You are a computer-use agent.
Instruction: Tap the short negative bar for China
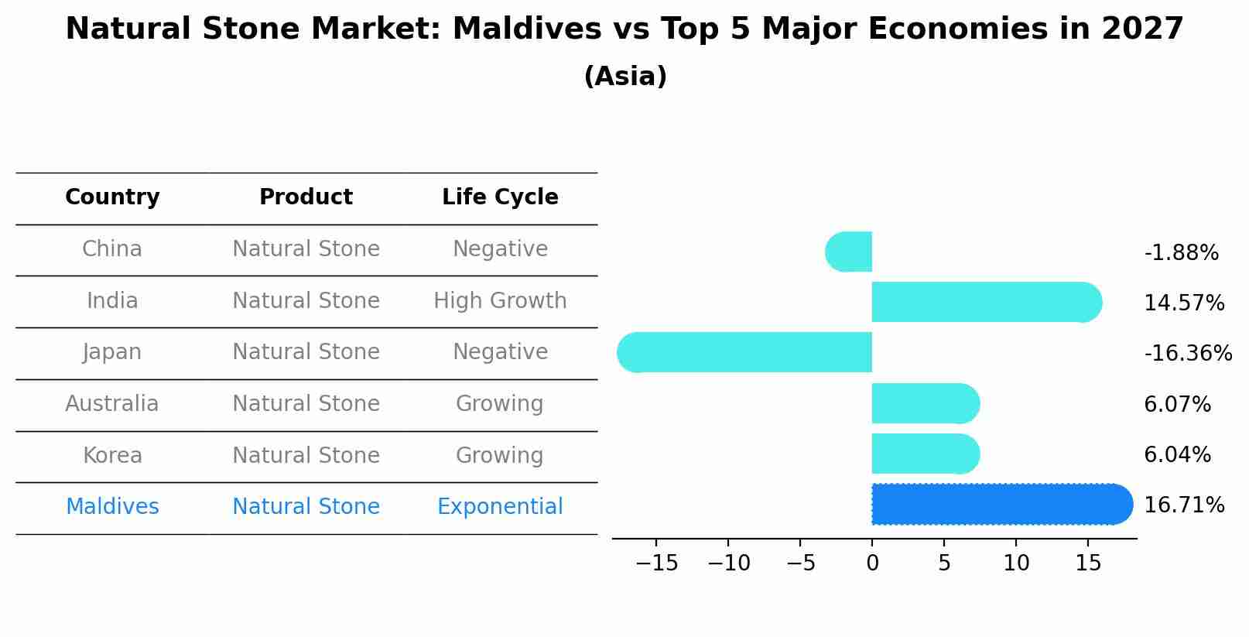pos(849,252)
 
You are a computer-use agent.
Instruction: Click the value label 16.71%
pos(1184,505)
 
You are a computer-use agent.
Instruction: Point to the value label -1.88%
pos(1181,253)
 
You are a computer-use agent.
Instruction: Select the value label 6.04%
pos(1177,455)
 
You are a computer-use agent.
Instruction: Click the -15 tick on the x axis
pos(656,563)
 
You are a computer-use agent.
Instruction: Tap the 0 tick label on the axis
pos(872,563)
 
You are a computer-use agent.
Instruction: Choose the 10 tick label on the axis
pos(1016,563)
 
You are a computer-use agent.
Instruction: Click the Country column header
pos(112,197)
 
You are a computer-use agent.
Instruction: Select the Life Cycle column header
pos(500,197)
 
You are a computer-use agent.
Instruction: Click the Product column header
pos(306,197)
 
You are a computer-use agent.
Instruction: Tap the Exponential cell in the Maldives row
pos(500,507)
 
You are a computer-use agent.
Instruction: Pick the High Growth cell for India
pos(500,301)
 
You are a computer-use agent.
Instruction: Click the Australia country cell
pos(112,404)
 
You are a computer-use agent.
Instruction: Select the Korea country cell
pos(112,456)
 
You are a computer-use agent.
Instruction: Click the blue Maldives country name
pos(112,507)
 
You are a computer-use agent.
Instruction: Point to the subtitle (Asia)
pos(625,77)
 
